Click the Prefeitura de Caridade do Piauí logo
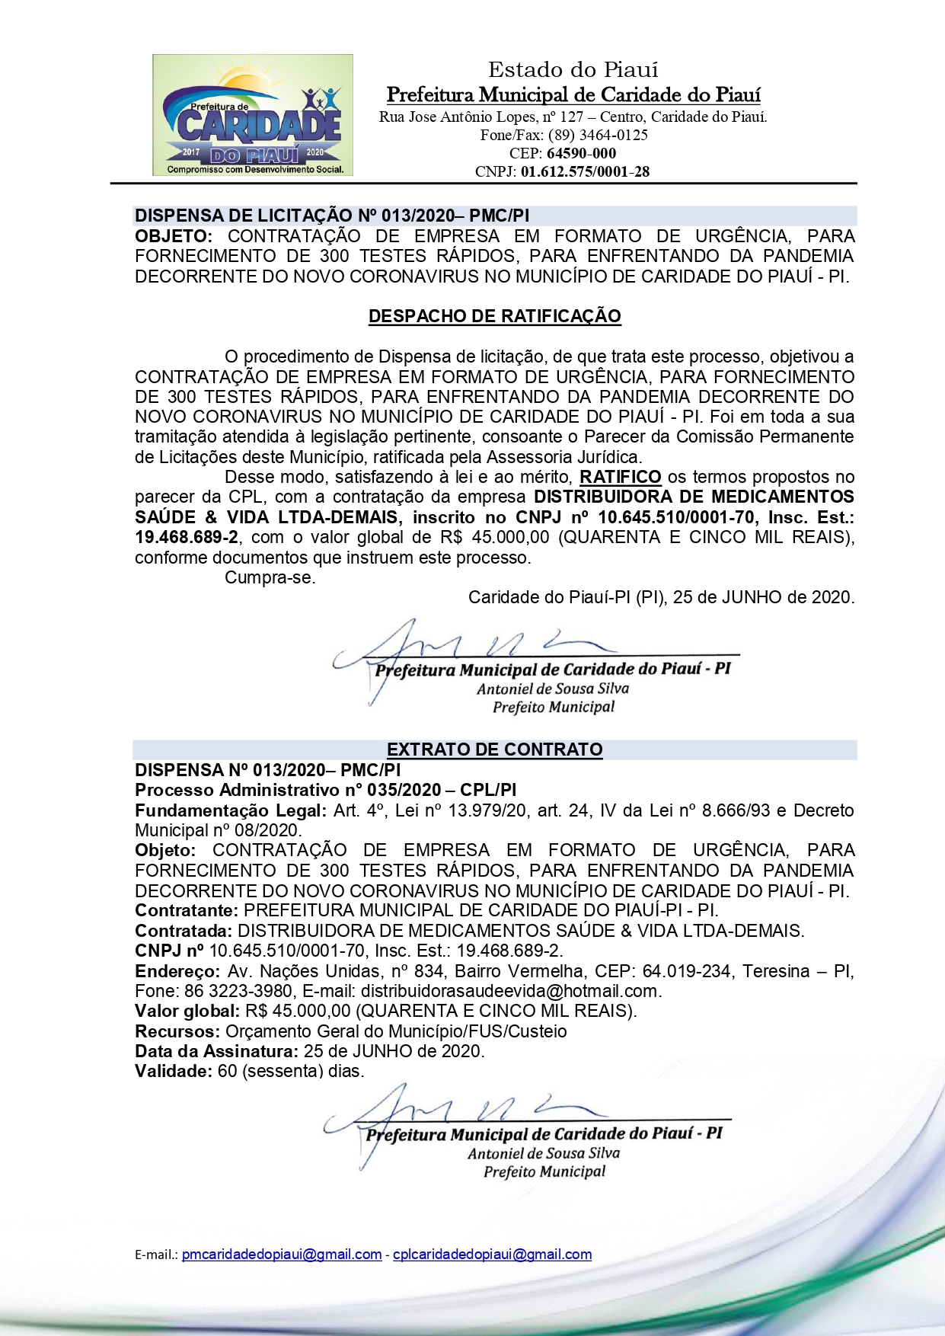[252, 115]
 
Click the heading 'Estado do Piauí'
[573, 70]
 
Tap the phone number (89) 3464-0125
[598, 136]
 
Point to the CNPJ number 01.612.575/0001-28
[585, 172]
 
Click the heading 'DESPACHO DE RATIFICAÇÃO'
[494, 316]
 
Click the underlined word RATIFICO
[620, 478]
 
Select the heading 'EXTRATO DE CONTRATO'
[494, 750]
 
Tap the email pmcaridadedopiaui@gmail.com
[282, 1254]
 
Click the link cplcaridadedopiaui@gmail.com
[492, 1254]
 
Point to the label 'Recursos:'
[177, 1032]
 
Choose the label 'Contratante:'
[187, 911]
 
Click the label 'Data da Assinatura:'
[216, 1052]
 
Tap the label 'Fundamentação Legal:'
[231, 810]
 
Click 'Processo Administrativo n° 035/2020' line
[325, 790]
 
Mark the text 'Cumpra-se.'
[270, 577]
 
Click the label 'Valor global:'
[187, 1012]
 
